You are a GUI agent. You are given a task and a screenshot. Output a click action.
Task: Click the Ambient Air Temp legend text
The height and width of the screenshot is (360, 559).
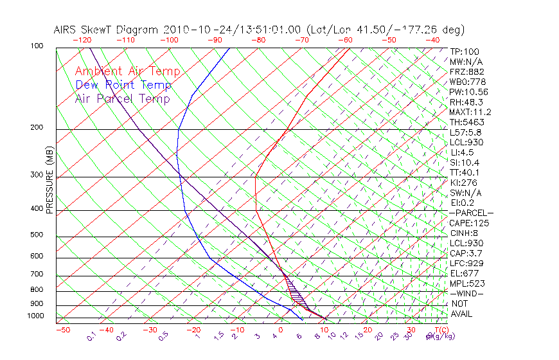pos(127,71)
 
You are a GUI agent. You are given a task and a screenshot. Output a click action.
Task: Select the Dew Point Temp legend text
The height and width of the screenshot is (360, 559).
pos(123,85)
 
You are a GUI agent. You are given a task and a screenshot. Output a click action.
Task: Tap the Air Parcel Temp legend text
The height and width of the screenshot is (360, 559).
pos(122,98)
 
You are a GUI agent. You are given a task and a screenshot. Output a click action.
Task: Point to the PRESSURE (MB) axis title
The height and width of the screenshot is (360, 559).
pos(49,180)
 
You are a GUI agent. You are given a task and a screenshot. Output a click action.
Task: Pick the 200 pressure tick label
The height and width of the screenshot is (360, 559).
pos(37,128)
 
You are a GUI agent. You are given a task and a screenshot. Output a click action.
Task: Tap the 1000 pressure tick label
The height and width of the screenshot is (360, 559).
pos(35,316)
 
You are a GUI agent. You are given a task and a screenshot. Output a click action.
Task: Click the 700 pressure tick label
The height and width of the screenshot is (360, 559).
pos(37,274)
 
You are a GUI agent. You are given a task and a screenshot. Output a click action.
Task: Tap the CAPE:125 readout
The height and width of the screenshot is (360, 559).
pos(469,223)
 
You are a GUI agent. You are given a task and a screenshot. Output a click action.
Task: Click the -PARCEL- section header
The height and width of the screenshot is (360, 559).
pos(471,213)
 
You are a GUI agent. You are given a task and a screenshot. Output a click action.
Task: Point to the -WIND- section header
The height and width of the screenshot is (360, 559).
pos(467,293)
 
